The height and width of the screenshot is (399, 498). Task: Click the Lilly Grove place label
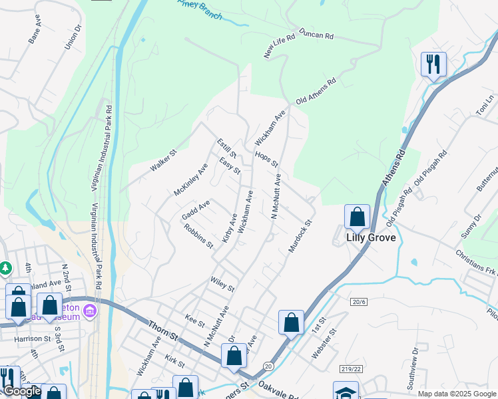point(371,237)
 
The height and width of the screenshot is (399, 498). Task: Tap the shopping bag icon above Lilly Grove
point(357,217)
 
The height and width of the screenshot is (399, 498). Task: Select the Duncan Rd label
point(316,34)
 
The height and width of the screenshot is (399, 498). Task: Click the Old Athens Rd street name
point(316,91)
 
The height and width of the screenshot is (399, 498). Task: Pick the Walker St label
point(163,162)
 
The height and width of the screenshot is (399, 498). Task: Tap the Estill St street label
point(222,148)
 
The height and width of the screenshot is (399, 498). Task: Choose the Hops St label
point(266,160)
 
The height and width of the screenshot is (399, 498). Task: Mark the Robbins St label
point(200,236)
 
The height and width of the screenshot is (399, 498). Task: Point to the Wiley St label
point(222,285)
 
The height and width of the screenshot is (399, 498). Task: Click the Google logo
point(21,392)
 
